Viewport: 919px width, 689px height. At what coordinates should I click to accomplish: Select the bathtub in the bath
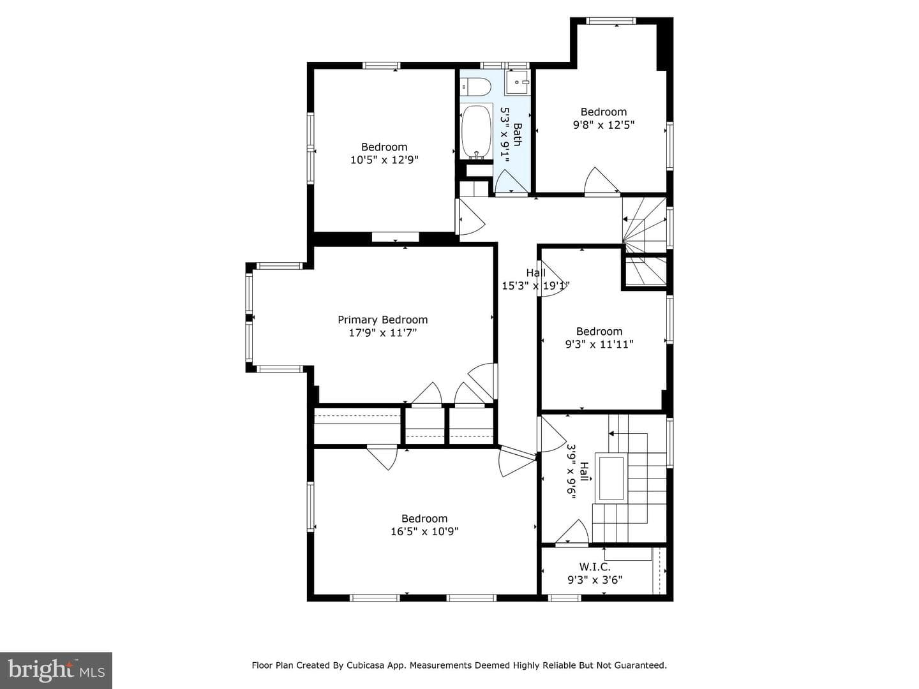(477, 132)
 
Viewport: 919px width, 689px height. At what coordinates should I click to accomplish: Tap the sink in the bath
(517, 82)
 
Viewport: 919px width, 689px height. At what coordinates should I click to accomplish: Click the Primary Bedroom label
(383, 320)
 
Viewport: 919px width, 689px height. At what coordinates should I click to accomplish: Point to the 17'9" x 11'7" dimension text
(383, 333)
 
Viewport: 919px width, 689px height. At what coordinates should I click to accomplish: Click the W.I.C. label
(595, 567)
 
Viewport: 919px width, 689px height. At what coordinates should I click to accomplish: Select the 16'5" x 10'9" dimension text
(424, 531)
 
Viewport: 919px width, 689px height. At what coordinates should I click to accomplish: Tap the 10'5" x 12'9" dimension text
(384, 160)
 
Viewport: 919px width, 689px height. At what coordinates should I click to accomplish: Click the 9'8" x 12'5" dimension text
(604, 124)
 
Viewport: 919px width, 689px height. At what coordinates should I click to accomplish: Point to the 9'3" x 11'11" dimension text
(599, 344)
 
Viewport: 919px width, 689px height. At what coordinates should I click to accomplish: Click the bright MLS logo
(56, 670)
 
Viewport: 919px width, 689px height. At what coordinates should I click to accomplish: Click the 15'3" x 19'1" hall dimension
(536, 286)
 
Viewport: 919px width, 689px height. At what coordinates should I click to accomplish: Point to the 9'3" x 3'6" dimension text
(595, 580)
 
